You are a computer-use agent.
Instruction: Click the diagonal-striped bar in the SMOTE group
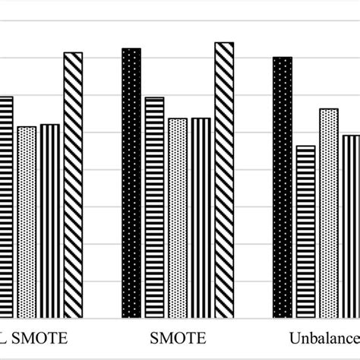pos(224,180)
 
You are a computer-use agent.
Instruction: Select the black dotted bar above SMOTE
pos(131,183)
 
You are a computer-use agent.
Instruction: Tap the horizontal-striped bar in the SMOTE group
pos(154,207)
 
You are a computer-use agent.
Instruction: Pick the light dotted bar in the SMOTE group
pos(178,218)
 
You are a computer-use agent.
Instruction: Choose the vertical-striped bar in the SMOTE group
pos(201,218)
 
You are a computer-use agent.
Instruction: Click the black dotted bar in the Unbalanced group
pos(282,188)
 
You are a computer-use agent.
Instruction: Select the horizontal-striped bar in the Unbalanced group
pos(305,232)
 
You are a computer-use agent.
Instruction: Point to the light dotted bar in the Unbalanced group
pos(328,213)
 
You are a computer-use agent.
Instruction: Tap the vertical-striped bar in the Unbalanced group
pos(350,226)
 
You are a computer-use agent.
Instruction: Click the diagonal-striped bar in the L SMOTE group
pos(73,185)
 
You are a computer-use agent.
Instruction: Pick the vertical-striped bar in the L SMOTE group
pos(49,221)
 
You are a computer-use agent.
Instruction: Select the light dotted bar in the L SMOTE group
pos(27,222)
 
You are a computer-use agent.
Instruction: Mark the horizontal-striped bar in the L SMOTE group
pos(6,207)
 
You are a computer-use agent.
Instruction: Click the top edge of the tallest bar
pos(224,43)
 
